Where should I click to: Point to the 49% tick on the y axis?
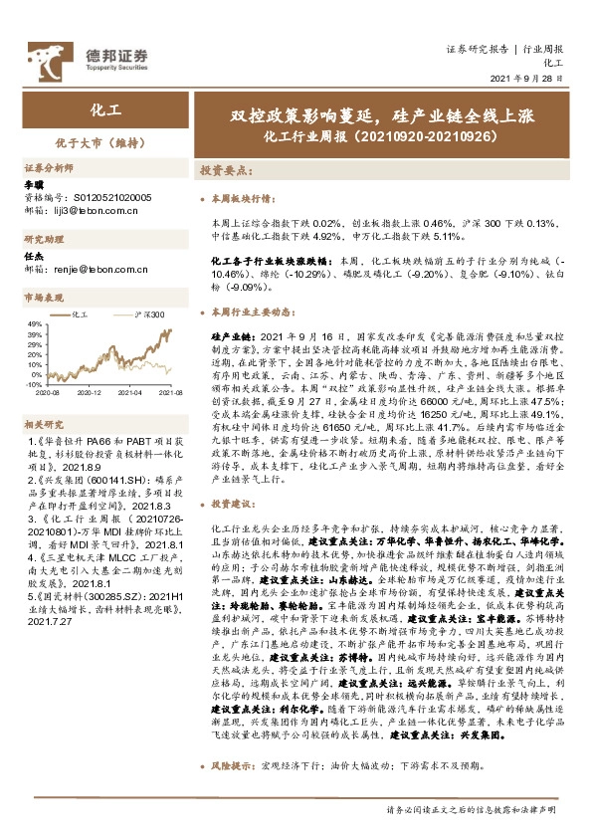[x=34, y=324]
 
